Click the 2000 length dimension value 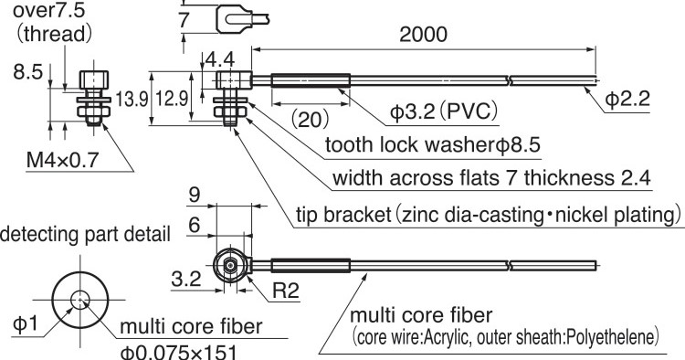[423, 35]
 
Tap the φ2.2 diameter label [627, 99]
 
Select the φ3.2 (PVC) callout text [444, 111]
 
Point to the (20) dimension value [310, 119]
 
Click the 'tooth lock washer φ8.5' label [433, 144]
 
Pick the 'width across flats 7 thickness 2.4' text [491, 178]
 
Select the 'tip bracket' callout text [489, 215]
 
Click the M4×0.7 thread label [62, 160]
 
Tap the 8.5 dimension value [28, 72]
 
